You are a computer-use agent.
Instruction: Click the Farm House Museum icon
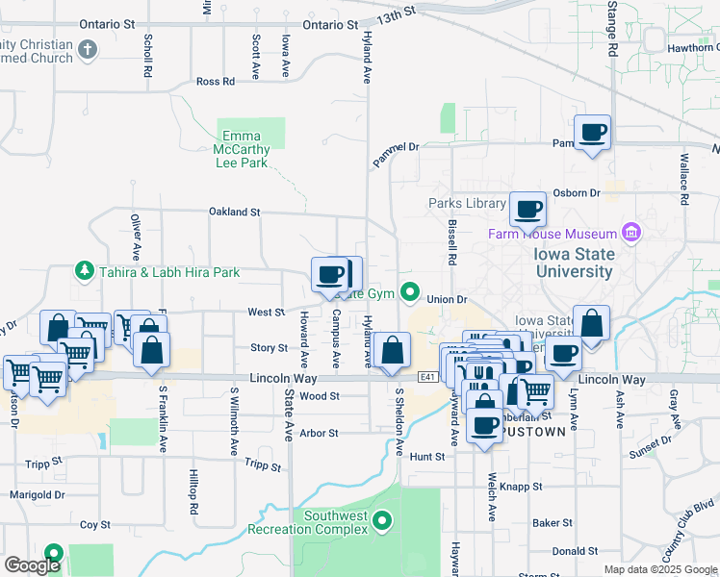click(632, 233)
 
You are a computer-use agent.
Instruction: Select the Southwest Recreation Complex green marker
click(383, 522)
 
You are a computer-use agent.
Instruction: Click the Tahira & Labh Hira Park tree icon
click(85, 272)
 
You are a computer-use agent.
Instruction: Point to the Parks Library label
click(467, 203)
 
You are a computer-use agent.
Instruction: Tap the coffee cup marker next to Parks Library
click(527, 209)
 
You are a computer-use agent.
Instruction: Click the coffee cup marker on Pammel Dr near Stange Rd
click(592, 132)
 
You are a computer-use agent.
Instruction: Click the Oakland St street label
click(235, 212)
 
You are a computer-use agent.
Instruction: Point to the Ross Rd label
click(215, 82)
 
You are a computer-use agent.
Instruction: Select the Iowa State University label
click(574, 263)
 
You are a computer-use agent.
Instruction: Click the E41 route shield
click(429, 378)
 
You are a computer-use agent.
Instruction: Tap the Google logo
click(32, 565)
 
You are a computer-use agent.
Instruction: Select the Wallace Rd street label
click(684, 183)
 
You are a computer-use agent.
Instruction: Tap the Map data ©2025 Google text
click(659, 569)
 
